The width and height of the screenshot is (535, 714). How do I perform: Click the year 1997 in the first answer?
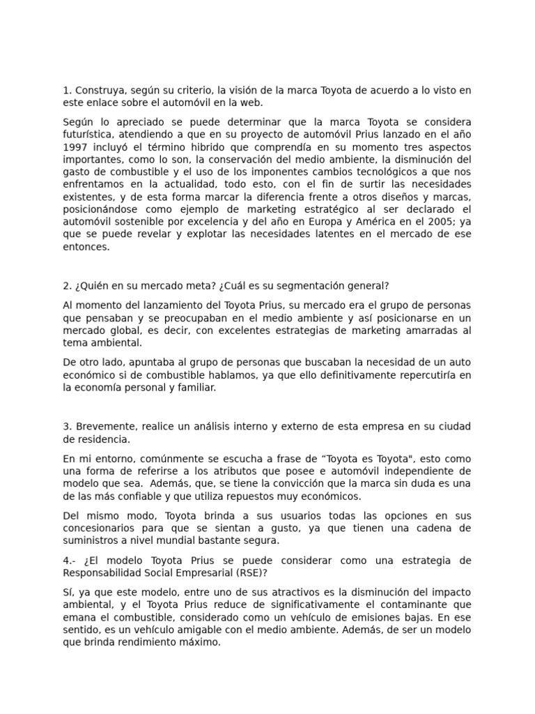(75, 147)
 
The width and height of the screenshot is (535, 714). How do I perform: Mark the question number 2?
(67, 285)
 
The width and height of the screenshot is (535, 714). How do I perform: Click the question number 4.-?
(70, 561)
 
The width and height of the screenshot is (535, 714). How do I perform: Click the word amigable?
(209, 630)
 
